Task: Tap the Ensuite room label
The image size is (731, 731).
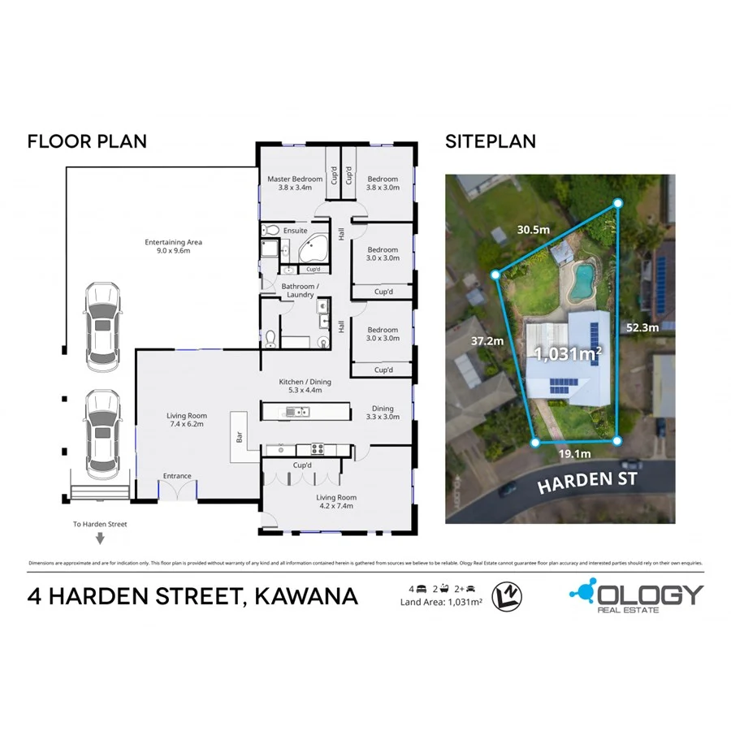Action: (295, 231)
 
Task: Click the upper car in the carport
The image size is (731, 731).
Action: (103, 327)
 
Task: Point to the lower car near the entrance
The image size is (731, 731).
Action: (103, 432)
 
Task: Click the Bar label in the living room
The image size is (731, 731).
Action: (240, 436)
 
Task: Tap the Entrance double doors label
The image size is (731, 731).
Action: (177, 476)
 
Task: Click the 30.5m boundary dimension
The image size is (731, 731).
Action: (533, 229)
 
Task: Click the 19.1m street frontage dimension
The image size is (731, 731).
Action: (574, 453)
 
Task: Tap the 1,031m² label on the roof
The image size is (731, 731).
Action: (567, 353)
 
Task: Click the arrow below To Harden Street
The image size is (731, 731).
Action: (100, 538)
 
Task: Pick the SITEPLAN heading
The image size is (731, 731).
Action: (491, 141)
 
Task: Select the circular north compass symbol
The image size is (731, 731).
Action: (508, 597)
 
